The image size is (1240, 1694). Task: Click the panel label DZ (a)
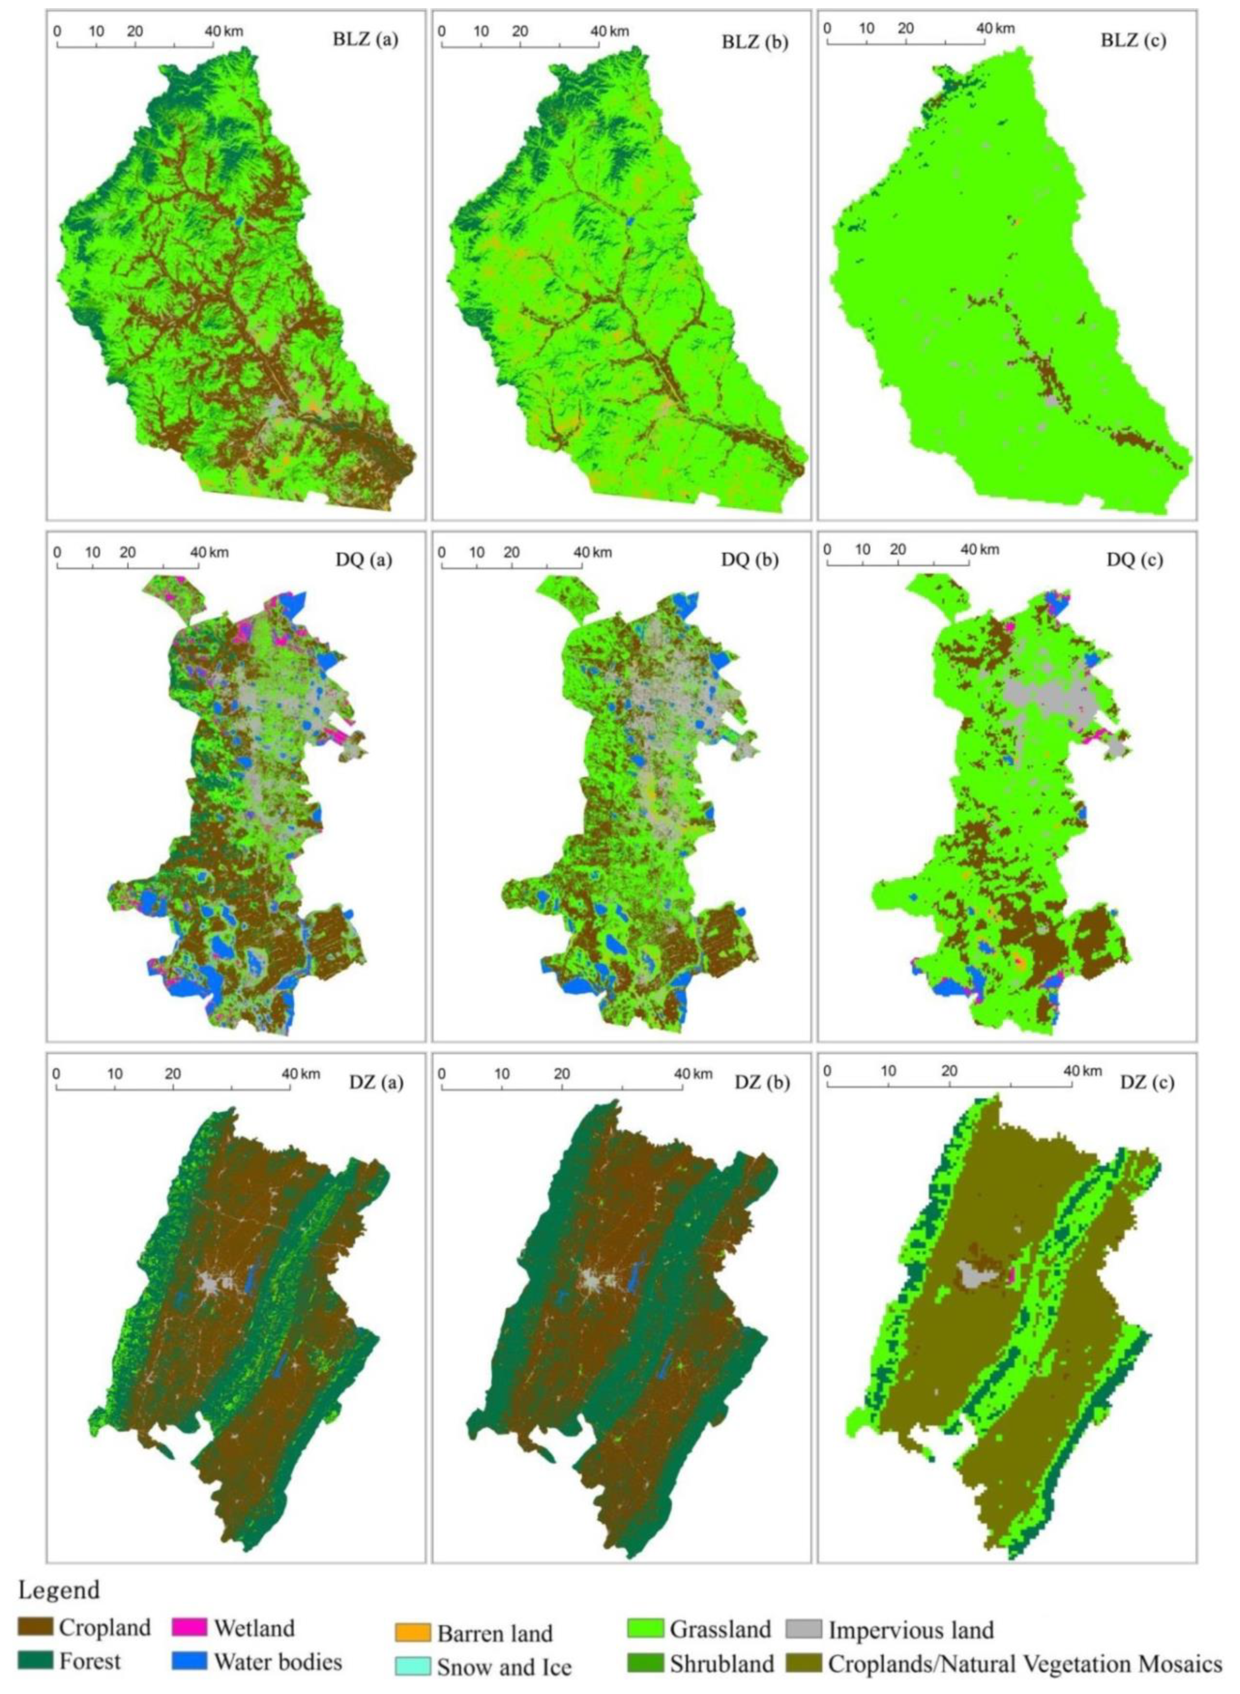pos(376,1082)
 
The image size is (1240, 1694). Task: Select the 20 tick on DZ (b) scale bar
pos(562,1075)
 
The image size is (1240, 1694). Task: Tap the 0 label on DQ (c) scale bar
pos(827,548)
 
